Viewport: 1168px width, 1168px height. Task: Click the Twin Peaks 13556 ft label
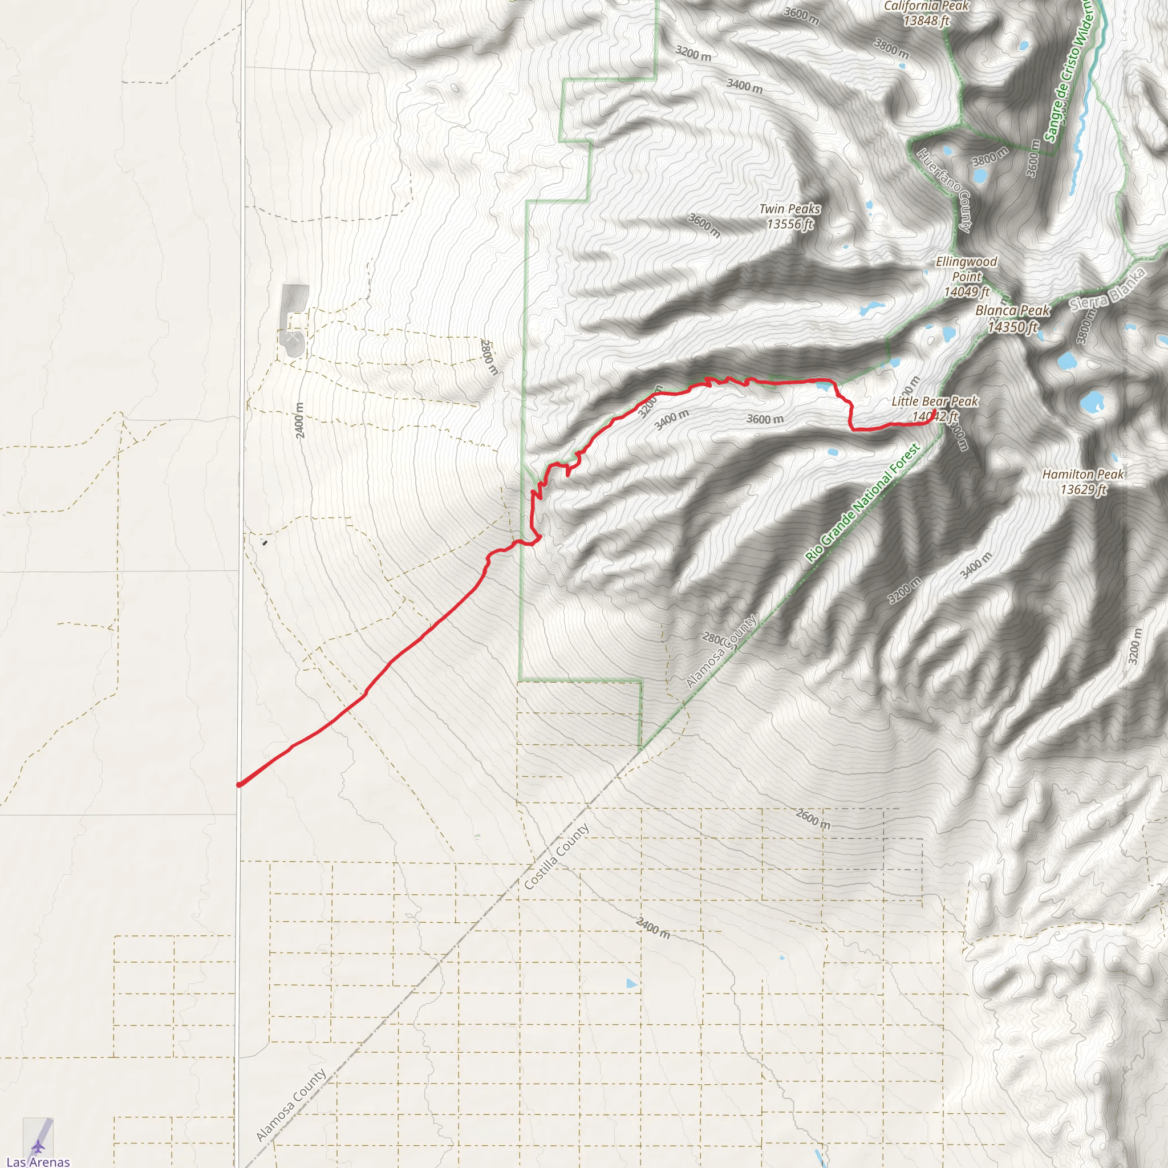coord(789,216)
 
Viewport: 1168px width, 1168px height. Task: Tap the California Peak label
coord(926,13)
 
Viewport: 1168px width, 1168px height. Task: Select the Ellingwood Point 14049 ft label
coord(966,276)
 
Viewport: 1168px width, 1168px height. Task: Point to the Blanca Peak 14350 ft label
coord(1013,319)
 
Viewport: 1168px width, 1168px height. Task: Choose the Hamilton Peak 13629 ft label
coord(1083,482)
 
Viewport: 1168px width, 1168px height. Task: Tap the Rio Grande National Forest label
coord(863,504)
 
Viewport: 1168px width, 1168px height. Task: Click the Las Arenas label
coord(38,1161)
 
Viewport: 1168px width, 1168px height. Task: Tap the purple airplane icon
coord(38,1146)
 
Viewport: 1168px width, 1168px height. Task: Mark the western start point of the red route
coord(240,785)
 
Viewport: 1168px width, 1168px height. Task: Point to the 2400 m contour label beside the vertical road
coord(300,420)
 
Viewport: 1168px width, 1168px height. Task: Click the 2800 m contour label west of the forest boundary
coord(489,356)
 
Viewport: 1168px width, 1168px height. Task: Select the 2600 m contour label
coord(813,818)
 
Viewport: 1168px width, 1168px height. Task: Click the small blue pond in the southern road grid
coord(632,984)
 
